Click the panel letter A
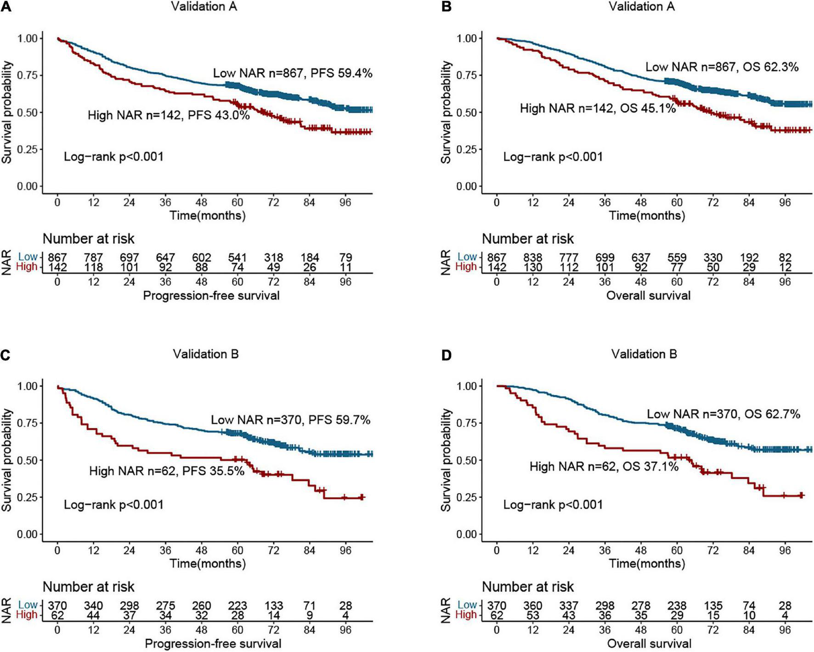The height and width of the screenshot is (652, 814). (x=5, y=6)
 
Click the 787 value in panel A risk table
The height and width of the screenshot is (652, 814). (x=93, y=257)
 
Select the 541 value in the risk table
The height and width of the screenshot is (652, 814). (x=237, y=257)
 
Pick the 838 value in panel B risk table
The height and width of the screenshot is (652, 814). (x=533, y=258)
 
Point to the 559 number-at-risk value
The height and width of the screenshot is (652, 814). (x=677, y=258)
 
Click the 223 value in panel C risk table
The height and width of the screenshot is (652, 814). (x=237, y=605)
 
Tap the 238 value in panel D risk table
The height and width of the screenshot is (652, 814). (x=677, y=605)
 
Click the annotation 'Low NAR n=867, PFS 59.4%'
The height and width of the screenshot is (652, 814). (x=292, y=73)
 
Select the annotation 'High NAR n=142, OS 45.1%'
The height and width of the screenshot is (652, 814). (x=598, y=108)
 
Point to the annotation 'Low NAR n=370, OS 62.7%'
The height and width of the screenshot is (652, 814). (x=724, y=414)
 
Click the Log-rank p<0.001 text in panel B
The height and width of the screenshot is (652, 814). (x=553, y=157)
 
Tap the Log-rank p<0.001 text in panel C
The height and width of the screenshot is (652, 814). (x=113, y=505)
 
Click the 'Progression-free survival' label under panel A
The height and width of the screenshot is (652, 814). (x=211, y=295)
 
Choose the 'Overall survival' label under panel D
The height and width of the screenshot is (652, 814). (x=649, y=644)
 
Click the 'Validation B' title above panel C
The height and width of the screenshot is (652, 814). (x=206, y=354)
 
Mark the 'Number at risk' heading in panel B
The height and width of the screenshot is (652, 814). (x=528, y=239)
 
